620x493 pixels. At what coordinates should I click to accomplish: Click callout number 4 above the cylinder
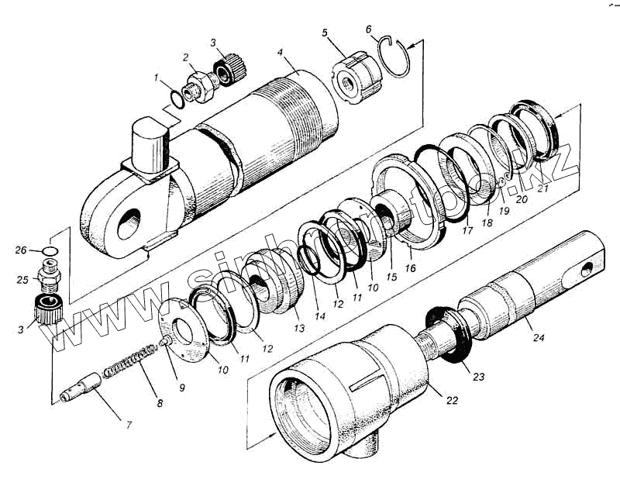(x=278, y=55)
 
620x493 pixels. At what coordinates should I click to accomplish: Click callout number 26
(x=22, y=250)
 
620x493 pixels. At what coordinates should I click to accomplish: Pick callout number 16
(x=409, y=268)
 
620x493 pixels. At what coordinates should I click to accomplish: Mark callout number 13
(x=299, y=329)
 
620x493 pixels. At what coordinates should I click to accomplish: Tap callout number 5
(x=325, y=34)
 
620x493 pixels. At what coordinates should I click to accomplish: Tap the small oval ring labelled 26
(x=47, y=250)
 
